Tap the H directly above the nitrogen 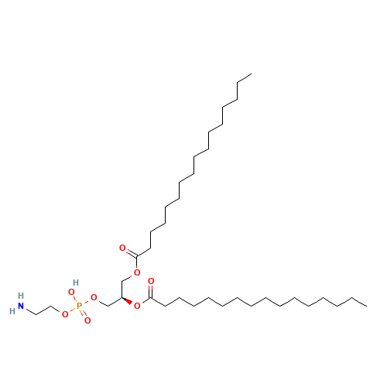(21, 296)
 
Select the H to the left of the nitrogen (12, 310)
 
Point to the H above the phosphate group (75, 282)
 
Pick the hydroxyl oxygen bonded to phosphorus (71, 292)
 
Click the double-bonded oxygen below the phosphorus (87, 319)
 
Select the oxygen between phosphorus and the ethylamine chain (65, 313)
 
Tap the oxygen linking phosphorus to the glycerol (94, 296)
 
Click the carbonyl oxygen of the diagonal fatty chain (122, 248)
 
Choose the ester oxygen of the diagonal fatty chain (137, 272)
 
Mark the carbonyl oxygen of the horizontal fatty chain (151, 281)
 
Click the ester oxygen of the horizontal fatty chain (137, 306)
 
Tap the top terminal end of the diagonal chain (250, 75)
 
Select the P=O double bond (83, 312)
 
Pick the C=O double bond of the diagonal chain (129, 251)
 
